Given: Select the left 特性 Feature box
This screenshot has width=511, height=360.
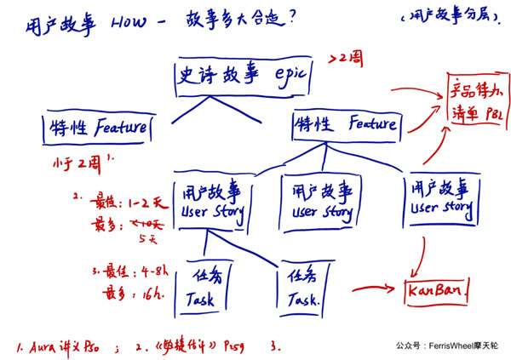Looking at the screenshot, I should coord(95,129).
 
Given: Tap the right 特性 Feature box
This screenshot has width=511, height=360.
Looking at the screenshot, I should coord(345,126).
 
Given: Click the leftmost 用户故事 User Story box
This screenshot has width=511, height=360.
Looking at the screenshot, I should coord(212,201).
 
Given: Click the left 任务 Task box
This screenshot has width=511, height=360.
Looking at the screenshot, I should coord(207,287).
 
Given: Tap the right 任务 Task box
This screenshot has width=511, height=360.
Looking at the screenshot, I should coord(304,289).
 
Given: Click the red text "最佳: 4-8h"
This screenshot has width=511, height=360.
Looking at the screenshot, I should coord(128,274).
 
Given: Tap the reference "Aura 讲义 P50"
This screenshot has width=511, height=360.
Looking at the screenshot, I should coord(63,347).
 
